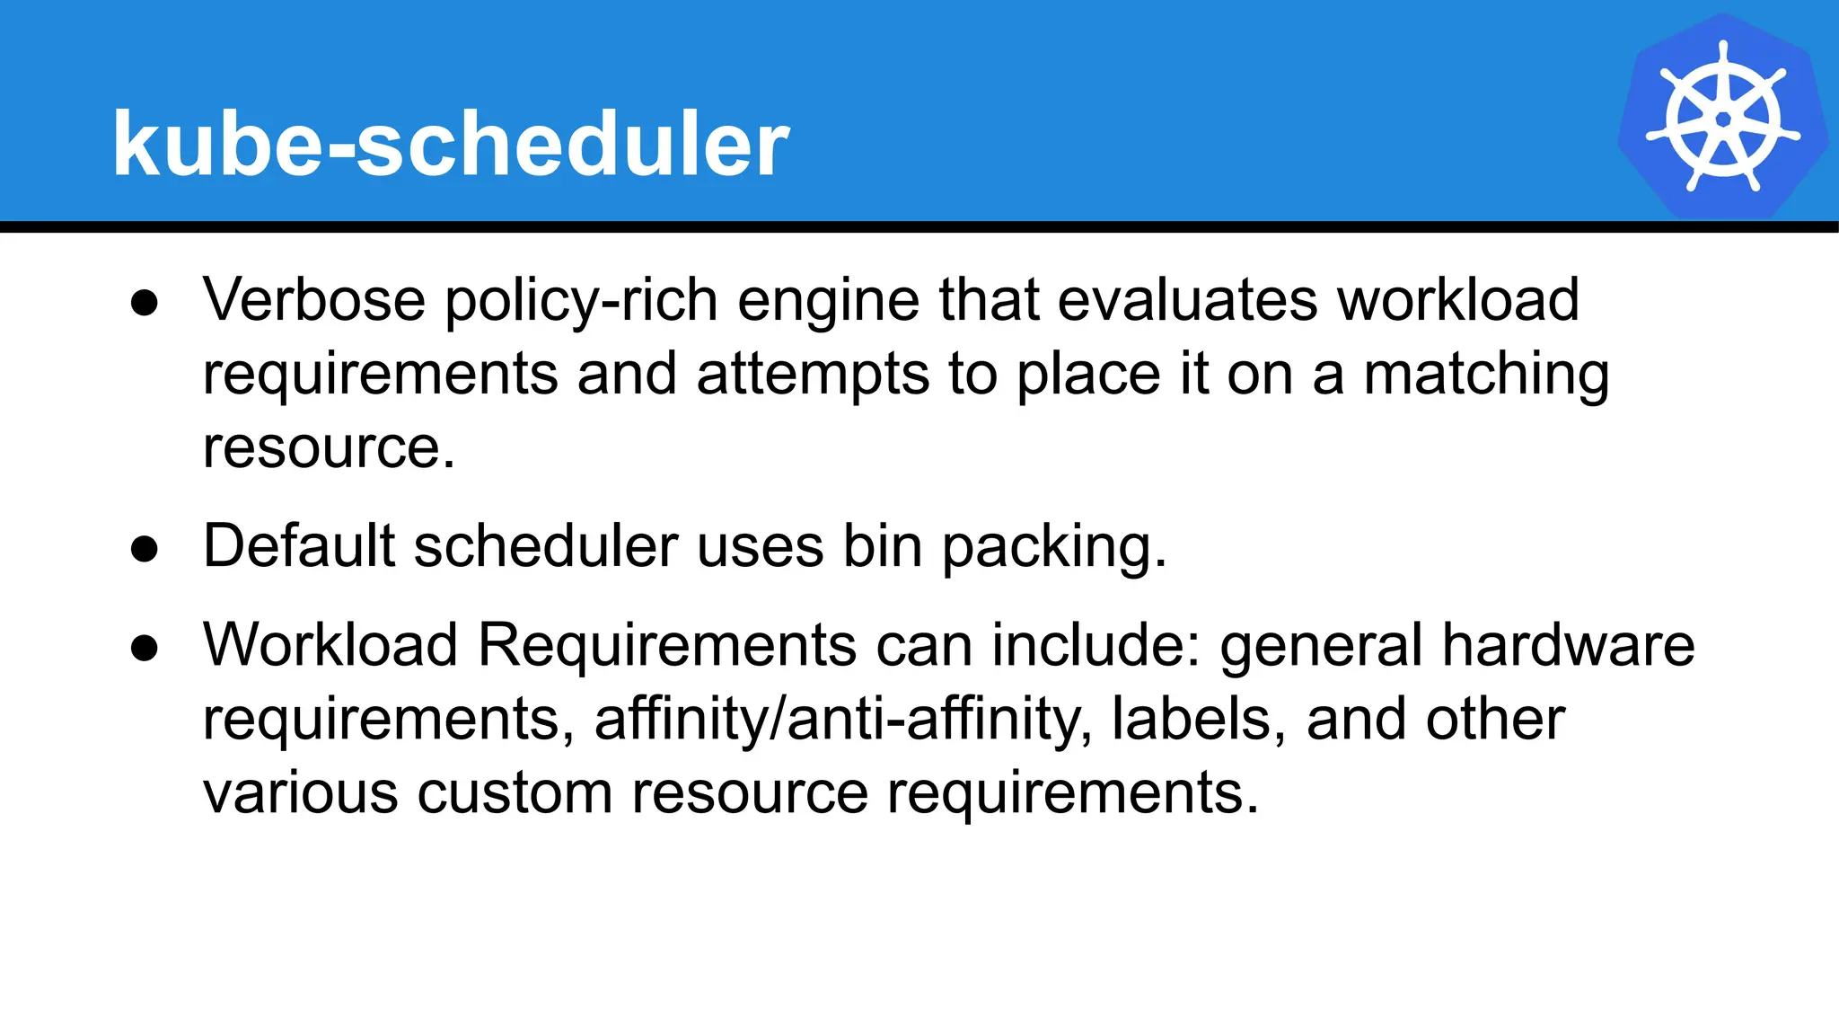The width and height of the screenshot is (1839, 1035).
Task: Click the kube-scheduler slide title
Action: (450, 144)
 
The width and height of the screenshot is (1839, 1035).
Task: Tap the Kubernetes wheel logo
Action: (1722, 118)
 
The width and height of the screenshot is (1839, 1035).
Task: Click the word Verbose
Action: (313, 299)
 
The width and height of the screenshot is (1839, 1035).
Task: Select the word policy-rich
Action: (581, 301)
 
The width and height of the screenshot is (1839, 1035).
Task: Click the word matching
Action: (1486, 375)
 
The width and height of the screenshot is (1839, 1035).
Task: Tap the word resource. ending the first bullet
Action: (329, 447)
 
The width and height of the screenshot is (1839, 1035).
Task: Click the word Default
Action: (299, 545)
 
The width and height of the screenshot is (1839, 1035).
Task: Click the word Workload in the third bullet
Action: (330, 644)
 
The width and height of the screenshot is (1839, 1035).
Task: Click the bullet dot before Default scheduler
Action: (145, 548)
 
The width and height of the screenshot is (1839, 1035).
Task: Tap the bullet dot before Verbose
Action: (145, 302)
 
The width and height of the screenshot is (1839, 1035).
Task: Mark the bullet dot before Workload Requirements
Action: (145, 647)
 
